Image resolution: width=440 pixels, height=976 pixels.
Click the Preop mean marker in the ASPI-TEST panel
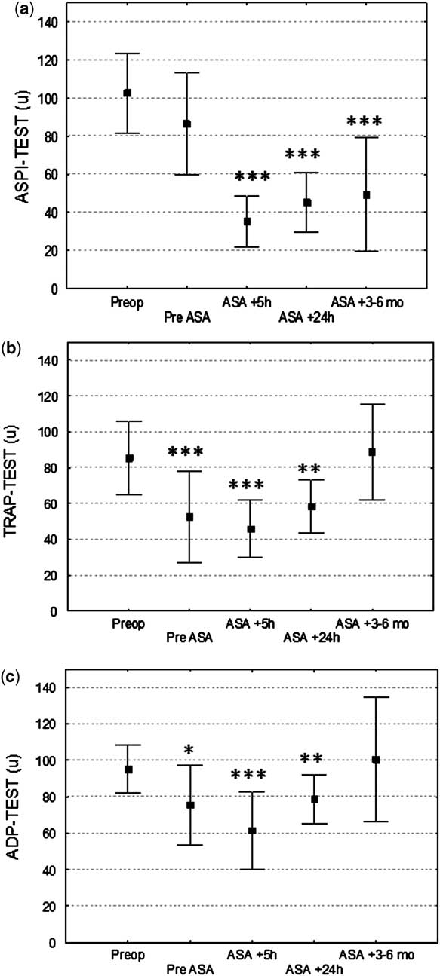point(127,93)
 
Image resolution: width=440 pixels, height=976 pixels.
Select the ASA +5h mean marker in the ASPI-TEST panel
point(247,222)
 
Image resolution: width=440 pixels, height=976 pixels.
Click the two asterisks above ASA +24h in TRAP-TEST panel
point(310,469)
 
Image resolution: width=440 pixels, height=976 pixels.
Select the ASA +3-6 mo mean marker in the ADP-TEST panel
point(375,760)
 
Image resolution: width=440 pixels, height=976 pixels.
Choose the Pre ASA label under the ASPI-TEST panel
point(188,318)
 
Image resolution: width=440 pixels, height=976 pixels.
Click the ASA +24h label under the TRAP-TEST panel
point(310,638)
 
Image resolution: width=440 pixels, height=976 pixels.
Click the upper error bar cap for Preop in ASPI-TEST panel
point(127,54)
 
